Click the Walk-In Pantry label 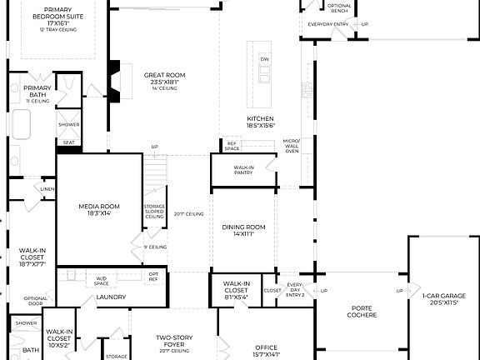click(243, 170)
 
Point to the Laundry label click(111, 297)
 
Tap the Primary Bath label click(37, 91)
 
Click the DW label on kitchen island click(265, 59)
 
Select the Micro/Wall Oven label click(291, 146)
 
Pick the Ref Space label click(233, 146)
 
